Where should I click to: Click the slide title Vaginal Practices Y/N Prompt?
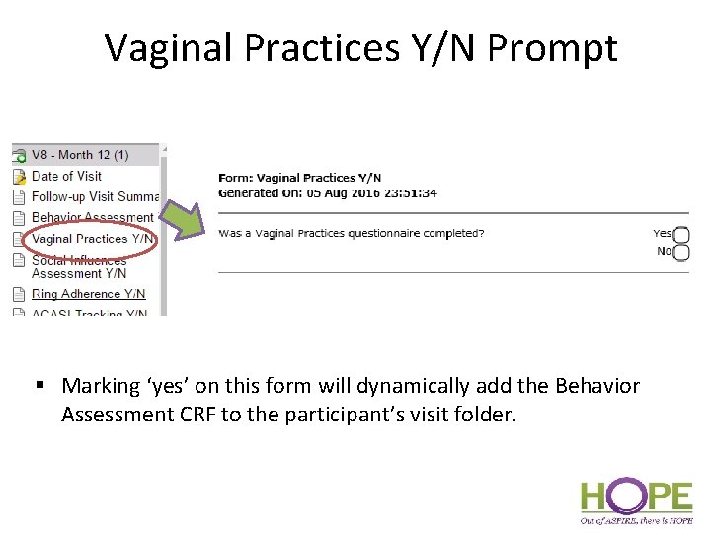[360, 47]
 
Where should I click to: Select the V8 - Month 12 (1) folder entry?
[80, 155]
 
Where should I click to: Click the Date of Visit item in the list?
[66, 176]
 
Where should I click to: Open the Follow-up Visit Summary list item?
[95, 196]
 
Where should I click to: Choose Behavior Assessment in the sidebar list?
[92, 217]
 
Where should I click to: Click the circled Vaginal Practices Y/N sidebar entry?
[92, 238]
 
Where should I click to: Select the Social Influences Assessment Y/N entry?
[79, 266]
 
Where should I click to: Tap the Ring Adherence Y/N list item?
[88, 293]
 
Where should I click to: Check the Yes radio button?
[681, 235]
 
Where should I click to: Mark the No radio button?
[681, 252]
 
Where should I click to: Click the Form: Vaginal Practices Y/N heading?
[299, 178]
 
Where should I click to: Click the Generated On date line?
[327, 193]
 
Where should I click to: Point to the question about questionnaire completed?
[351, 234]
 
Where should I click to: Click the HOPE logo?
[636, 498]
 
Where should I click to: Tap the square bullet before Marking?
[45, 386]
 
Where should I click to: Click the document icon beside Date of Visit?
[19, 177]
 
